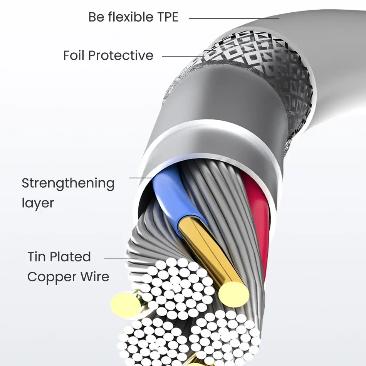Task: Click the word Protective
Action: click(x=121, y=55)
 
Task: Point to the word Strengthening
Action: click(x=68, y=184)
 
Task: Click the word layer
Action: click(x=38, y=203)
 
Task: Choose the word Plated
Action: click(x=73, y=257)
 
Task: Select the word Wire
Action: click(x=94, y=277)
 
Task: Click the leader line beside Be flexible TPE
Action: click(x=234, y=18)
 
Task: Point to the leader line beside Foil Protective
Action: click(x=183, y=56)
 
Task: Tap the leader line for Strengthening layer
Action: click(x=139, y=178)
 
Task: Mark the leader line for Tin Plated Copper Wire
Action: click(x=121, y=259)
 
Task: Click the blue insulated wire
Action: click(x=170, y=189)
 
